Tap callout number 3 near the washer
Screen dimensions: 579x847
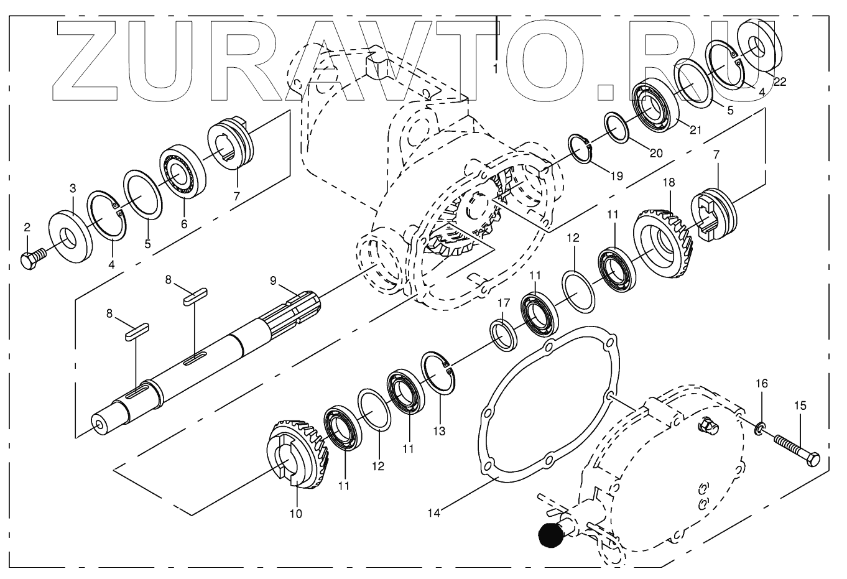coord(73,188)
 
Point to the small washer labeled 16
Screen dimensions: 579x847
coord(760,428)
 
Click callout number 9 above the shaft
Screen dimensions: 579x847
coord(273,280)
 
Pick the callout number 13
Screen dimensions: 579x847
coord(440,430)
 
